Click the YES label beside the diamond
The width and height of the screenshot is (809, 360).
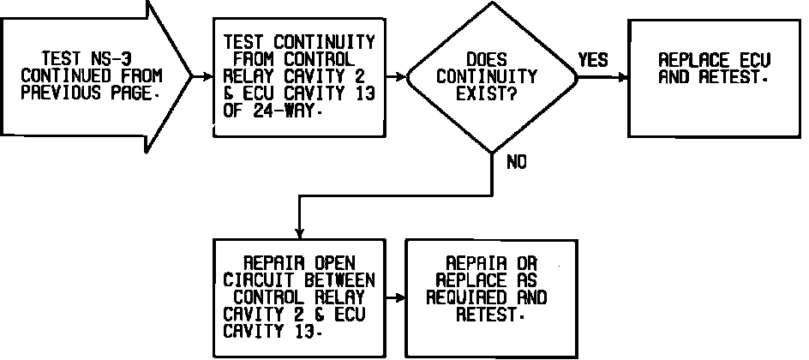pyautogui.click(x=593, y=60)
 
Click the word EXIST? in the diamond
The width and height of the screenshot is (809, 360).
pyautogui.click(x=490, y=92)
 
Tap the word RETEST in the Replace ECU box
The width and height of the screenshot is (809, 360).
pyautogui.click(x=733, y=76)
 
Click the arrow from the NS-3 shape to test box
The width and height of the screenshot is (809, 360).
pyautogui.click(x=202, y=75)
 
